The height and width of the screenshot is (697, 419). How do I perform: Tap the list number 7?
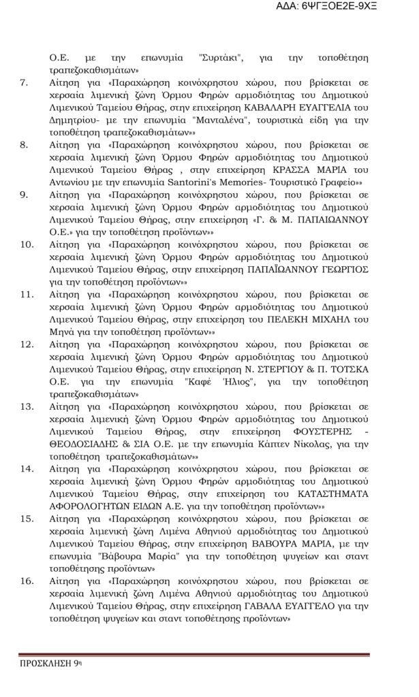pos(24,84)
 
